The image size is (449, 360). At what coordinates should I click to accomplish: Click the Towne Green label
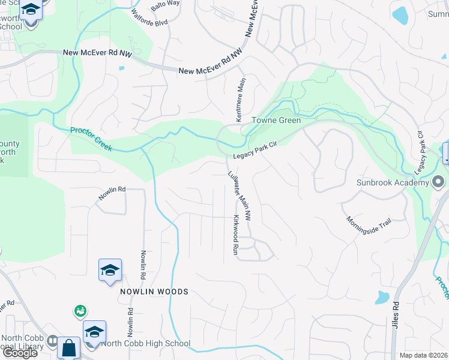pyautogui.click(x=276, y=120)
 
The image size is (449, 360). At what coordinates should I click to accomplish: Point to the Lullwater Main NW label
pyautogui.click(x=239, y=196)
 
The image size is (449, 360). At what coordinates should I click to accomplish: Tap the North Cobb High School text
pyautogui.click(x=146, y=344)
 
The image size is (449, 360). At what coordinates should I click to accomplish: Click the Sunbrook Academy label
pyautogui.click(x=393, y=182)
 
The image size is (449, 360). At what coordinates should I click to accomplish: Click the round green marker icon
pyautogui.click(x=80, y=311)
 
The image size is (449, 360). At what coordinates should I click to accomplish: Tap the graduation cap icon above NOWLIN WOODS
pyautogui.click(x=110, y=271)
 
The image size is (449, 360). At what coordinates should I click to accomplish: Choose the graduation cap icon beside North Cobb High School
pyautogui.click(x=95, y=332)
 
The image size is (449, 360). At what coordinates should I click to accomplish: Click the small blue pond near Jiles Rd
pyautogui.click(x=382, y=297)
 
